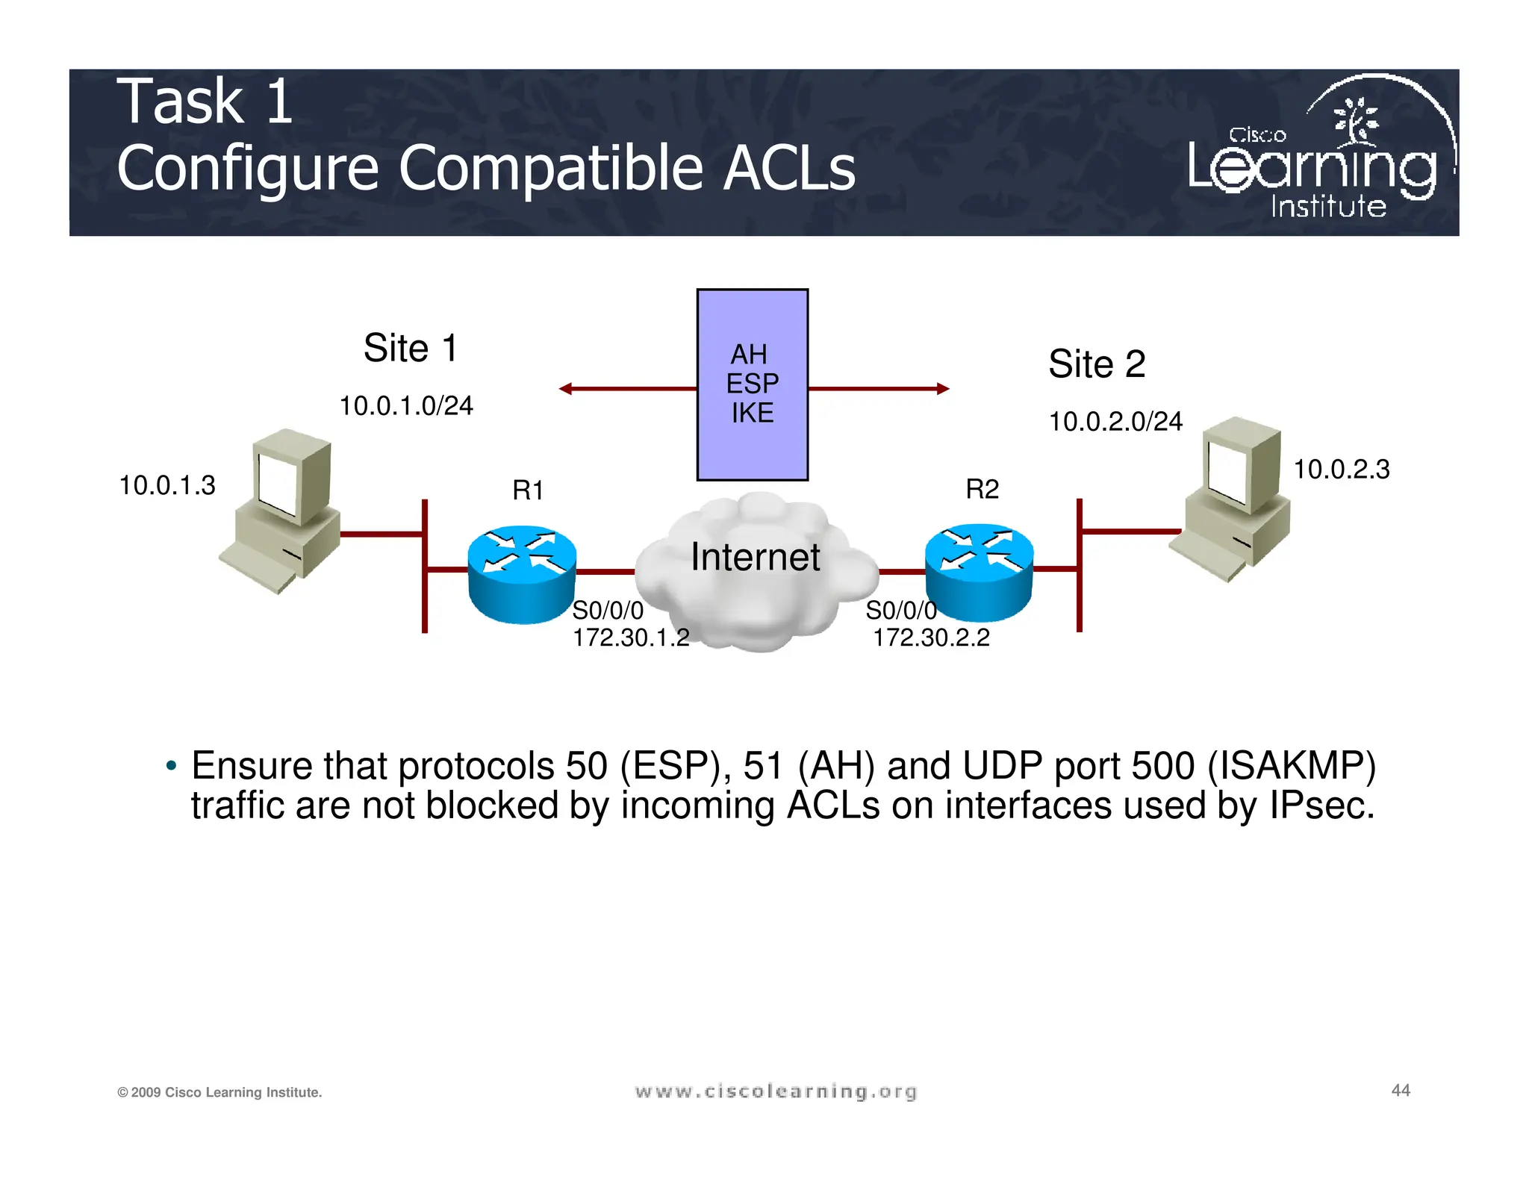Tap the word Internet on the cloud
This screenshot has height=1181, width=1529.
point(755,557)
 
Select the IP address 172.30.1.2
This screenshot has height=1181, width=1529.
point(631,638)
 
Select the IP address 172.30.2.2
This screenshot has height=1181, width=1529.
point(931,638)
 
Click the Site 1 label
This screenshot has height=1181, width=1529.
point(410,349)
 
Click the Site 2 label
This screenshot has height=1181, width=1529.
point(1096,364)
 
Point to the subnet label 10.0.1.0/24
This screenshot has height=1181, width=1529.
point(406,406)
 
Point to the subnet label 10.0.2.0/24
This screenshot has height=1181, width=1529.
point(1115,422)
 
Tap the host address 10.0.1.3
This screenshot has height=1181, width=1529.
point(167,486)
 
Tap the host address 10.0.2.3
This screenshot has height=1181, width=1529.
point(1341,470)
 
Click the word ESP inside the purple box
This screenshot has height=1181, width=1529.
point(752,384)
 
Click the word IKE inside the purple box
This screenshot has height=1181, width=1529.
point(752,413)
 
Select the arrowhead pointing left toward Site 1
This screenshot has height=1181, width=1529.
point(566,389)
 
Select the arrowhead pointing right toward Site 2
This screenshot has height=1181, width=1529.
point(942,389)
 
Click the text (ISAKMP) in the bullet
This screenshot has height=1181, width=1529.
point(1291,767)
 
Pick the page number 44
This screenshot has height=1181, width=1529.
point(1400,1090)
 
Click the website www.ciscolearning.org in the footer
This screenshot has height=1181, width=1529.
point(775,1091)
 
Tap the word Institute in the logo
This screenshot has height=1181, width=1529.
point(1328,207)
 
